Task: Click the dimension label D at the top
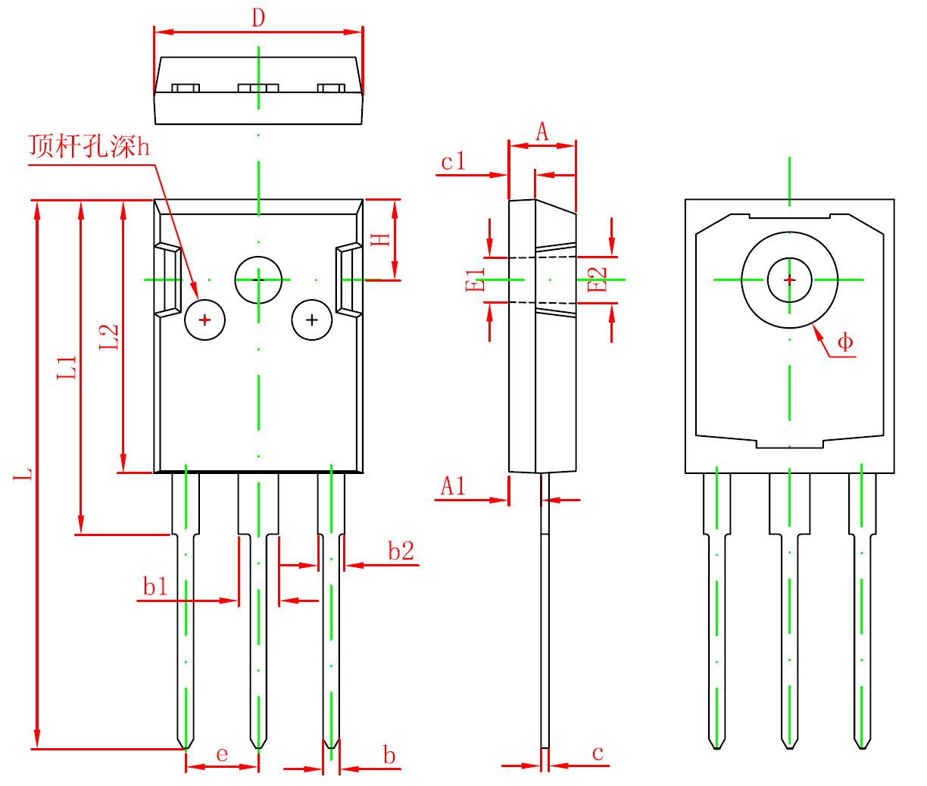coord(258,18)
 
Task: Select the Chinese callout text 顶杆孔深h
coord(89,145)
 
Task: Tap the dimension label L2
coord(109,337)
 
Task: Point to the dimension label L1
coord(68,367)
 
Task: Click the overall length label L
coord(25,476)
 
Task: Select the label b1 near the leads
coord(155,587)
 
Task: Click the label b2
coord(401,552)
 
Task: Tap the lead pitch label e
coord(222,755)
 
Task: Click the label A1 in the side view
coord(453,485)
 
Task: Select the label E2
coord(598,279)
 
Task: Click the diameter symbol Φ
coord(845,343)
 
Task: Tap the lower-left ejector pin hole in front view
coord(204,320)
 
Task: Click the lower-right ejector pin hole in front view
coord(312,320)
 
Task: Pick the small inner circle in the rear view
coord(789,279)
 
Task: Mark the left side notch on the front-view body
coord(168,279)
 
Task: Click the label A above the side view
coord(542,133)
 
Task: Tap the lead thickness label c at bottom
coord(598,753)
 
